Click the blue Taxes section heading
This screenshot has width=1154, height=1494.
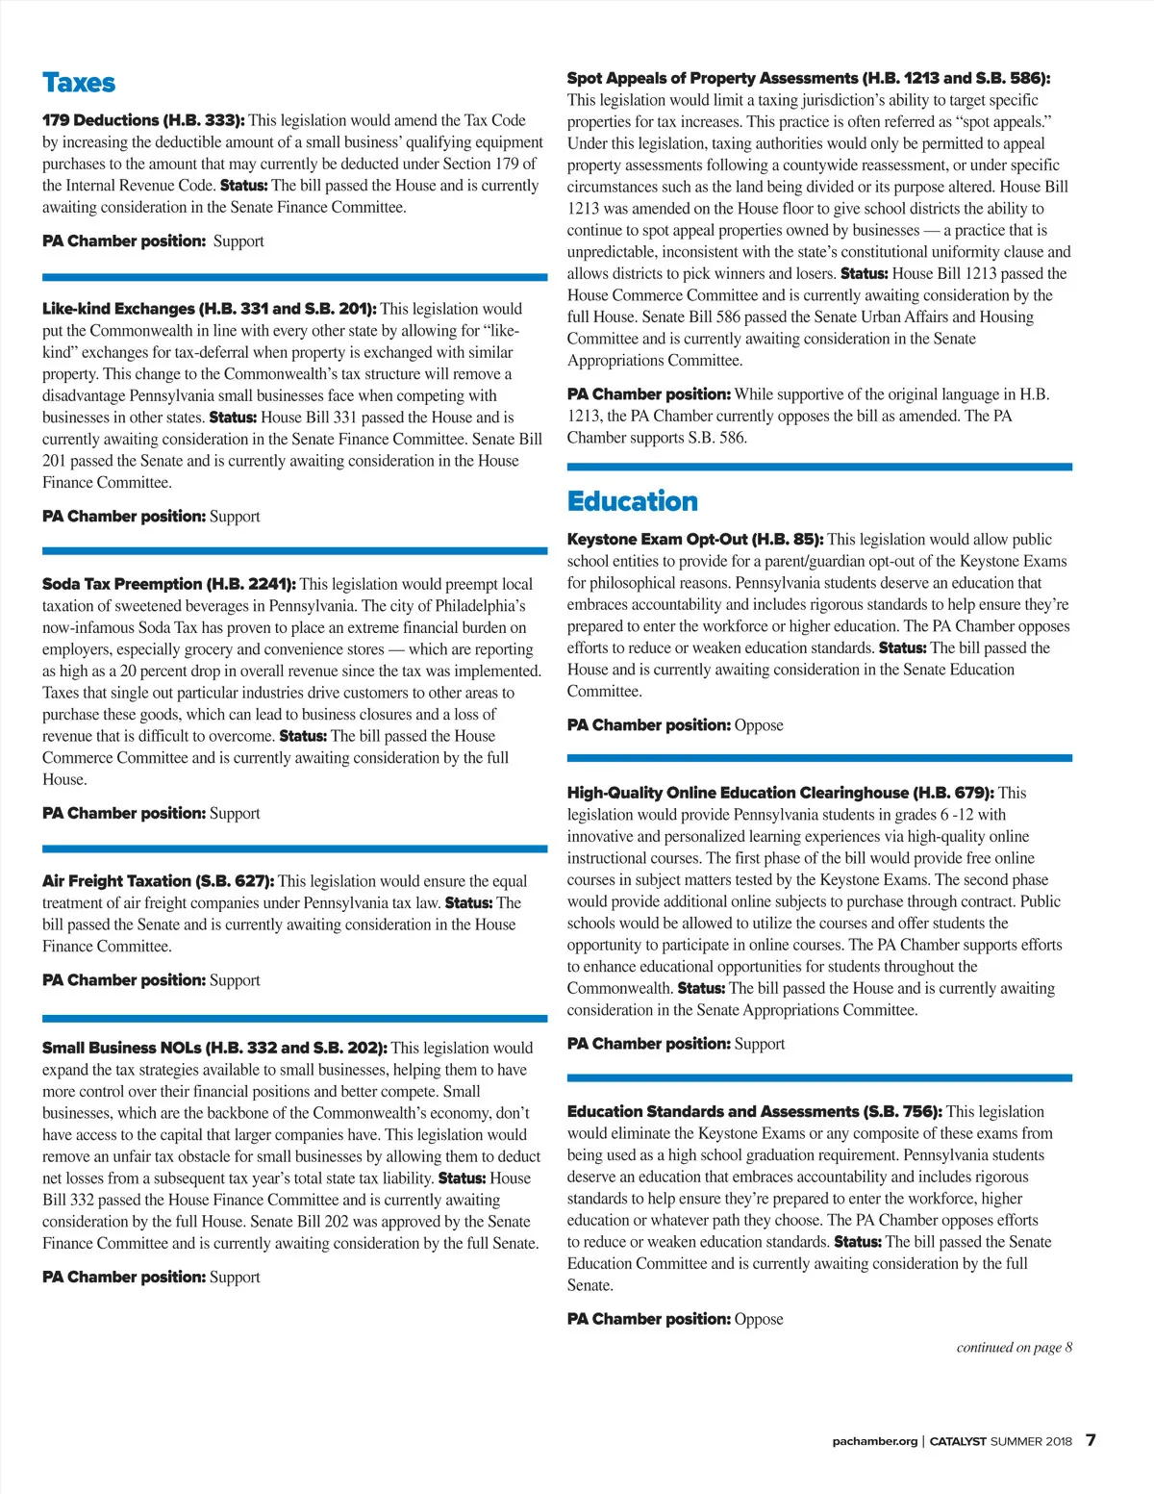(x=79, y=83)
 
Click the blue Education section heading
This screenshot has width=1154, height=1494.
(x=632, y=501)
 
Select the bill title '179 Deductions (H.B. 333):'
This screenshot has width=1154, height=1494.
(x=143, y=120)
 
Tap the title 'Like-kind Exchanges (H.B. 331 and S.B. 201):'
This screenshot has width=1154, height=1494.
(x=209, y=309)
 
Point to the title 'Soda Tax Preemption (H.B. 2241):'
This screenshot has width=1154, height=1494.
(x=168, y=584)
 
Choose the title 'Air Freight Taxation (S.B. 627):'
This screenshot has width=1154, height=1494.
(x=158, y=881)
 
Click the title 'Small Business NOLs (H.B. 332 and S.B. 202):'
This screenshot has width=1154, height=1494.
(x=214, y=1048)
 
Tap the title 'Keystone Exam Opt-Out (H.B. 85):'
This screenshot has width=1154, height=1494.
(x=694, y=540)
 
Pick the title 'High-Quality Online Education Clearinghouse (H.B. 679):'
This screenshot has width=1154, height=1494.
(x=780, y=793)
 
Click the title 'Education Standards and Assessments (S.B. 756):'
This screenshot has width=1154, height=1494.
(x=754, y=1111)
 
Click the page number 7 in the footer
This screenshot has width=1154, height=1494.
(x=1091, y=1440)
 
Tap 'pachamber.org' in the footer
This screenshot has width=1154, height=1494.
(x=874, y=1441)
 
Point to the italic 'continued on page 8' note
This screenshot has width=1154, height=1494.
(x=1014, y=1347)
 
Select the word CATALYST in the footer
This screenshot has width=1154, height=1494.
(x=958, y=1441)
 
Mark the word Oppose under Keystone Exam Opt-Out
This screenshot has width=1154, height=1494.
(x=759, y=725)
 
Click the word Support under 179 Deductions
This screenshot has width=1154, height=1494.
(x=238, y=241)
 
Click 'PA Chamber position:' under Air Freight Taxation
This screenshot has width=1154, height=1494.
(x=123, y=980)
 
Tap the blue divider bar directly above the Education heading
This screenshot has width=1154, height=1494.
(x=819, y=467)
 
